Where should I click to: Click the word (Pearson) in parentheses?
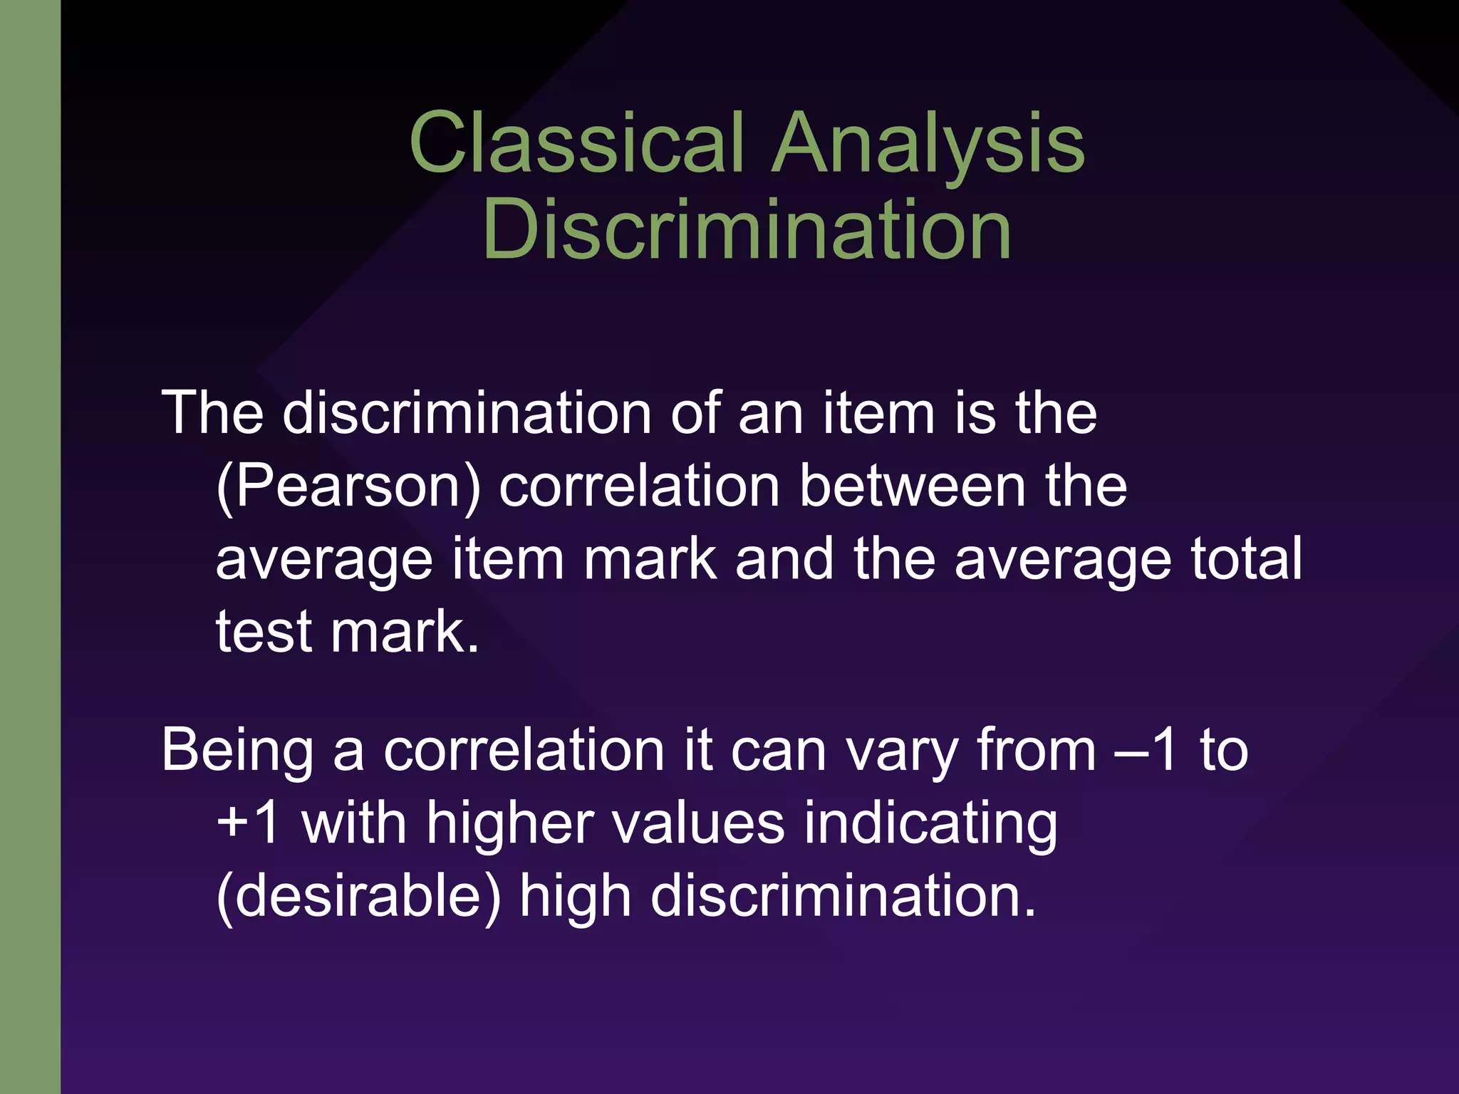pos(348,487)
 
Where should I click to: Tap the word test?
pos(264,632)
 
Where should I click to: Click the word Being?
pos(237,752)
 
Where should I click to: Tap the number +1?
pos(247,823)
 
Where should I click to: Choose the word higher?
pos(510,825)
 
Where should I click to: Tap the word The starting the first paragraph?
pos(212,413)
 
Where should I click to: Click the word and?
pos(784,558)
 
